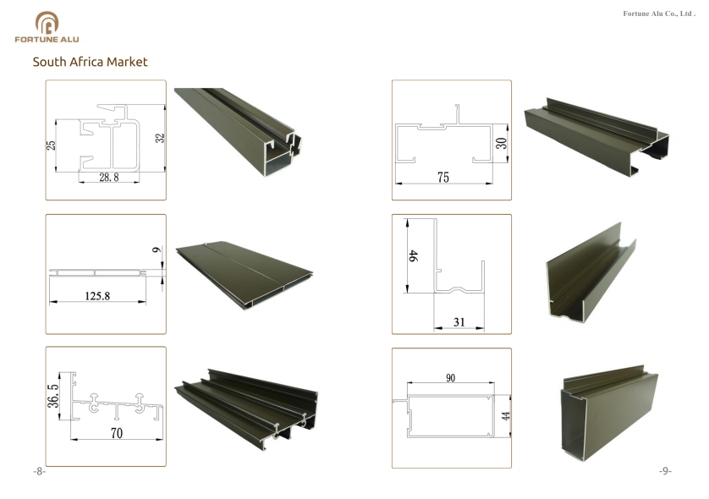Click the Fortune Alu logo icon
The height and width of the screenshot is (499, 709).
pyautogui.click(x=47, y=22)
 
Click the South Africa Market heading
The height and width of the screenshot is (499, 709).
pyautogui.click(x=90, y=62)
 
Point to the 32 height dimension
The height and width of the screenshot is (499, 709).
pyautogui.click(x=159, y=138)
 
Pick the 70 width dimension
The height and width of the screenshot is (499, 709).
pyautogui.click(x=117, y=434)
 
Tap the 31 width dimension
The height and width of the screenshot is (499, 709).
pyautogui.click(x=459, y=321)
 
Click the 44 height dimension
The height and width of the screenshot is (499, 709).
pyautogui.click(x=506, y=417)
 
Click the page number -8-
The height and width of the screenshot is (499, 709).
pyautogui.click(x=40, y=471)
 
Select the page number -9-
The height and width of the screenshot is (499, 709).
pyautogui.click(x=665, y=471)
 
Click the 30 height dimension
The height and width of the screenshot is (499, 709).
pyautogui.click(x=501, y=141)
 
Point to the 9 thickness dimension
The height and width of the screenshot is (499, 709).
pyautogui.click(x=155, y=250)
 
